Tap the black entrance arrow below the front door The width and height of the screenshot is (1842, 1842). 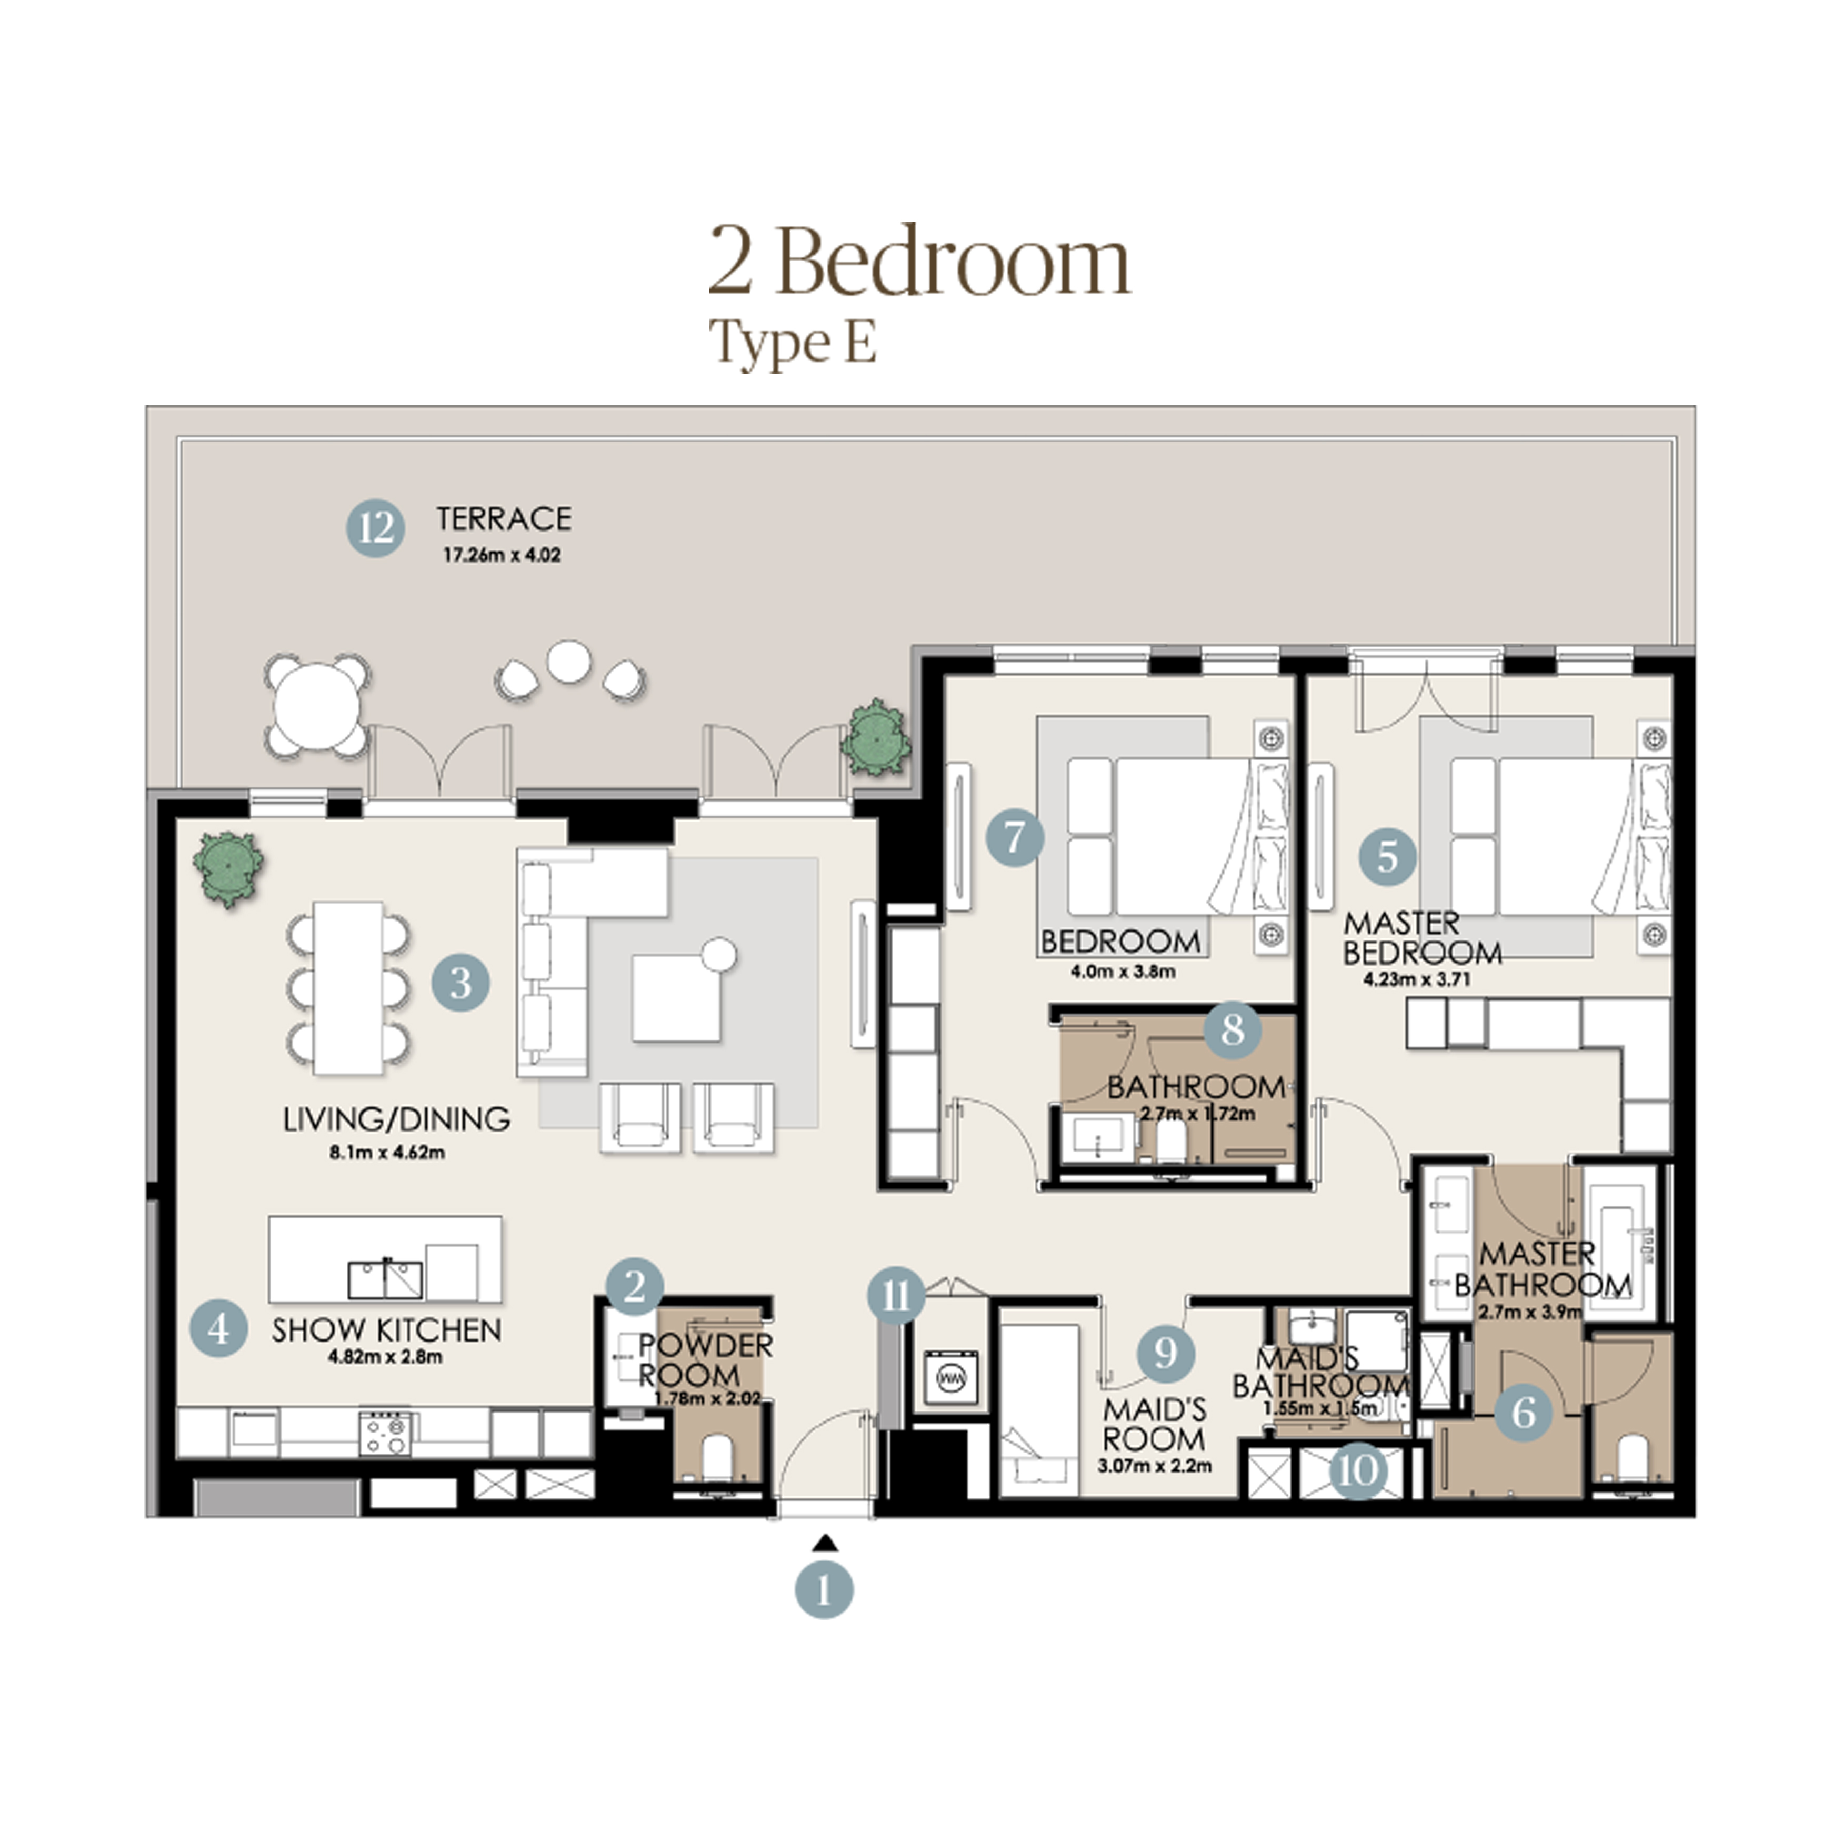pyautogui.click(x=826, y=1543)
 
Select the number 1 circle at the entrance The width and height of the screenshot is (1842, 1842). pyautogui.click(x=824, y=1589)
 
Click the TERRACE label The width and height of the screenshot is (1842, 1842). pyautogui.click(x=504, y=519)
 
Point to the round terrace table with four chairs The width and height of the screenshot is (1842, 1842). pyautogui.click(x=317, y=706)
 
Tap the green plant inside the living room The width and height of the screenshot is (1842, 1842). pyautogui.click(x=228, y=867)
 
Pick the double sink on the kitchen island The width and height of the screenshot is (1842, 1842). pyautogui.click(x=385, y=1278)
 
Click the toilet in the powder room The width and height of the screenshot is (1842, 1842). pyautogui.click(x=717, y=1456)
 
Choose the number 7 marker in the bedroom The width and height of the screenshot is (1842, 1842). pyautogui.click(x=1015, y=838)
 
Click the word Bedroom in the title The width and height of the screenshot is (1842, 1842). pyautogui.click(x=954, y=261)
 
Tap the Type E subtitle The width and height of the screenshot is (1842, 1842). pyautogui.click(x=792, y=342)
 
